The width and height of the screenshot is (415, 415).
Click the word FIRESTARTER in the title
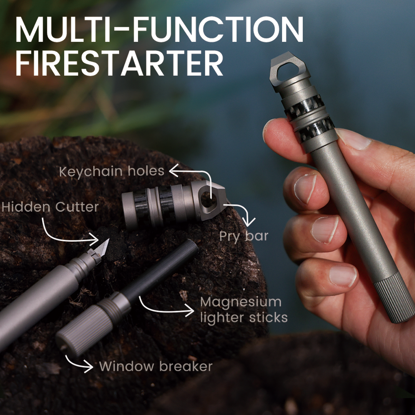[x=119, y=63]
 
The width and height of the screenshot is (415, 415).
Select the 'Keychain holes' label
[x=111, y=171]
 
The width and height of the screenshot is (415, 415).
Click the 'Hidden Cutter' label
[x=50, y=207]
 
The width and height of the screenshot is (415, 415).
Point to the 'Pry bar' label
[x=244, y=236]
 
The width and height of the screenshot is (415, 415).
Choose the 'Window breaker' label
[x=156, y=367]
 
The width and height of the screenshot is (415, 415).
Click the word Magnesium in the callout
[x=241, y=302]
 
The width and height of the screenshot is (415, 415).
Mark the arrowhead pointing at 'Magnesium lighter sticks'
[x=189, y=310]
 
